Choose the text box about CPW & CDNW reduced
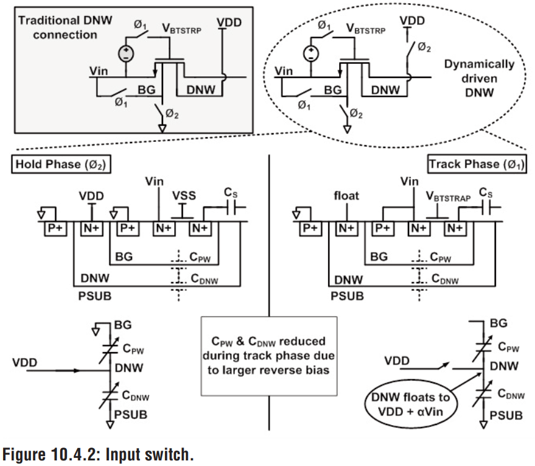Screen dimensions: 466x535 (x=268, y=356)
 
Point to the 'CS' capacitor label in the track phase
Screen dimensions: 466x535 (x=485, y=194)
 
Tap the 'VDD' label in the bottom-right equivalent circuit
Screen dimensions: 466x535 (x=397, y=360)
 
